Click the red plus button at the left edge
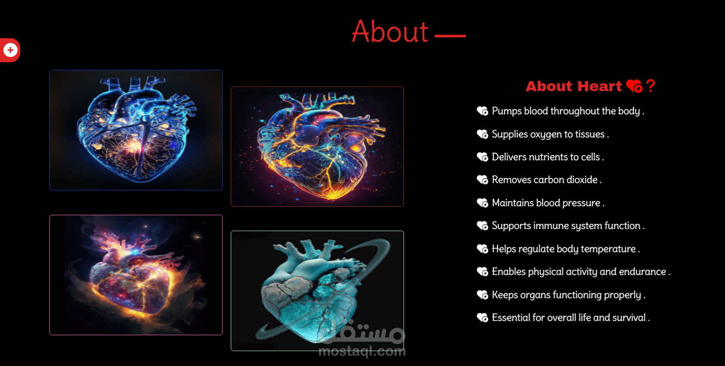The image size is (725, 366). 10,50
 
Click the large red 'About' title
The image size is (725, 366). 390,31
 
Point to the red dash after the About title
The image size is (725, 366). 450,36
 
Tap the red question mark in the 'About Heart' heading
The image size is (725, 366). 651,86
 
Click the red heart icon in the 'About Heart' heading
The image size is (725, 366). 634,86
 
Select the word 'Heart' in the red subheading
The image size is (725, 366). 600,86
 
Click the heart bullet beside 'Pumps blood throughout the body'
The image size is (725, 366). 482,111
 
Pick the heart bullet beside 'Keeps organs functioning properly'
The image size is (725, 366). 482,295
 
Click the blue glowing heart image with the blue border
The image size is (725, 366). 136,130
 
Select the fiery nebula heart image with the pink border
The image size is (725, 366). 136,275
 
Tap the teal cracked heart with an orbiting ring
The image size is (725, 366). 317,290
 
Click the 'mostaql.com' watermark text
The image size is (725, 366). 362,351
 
